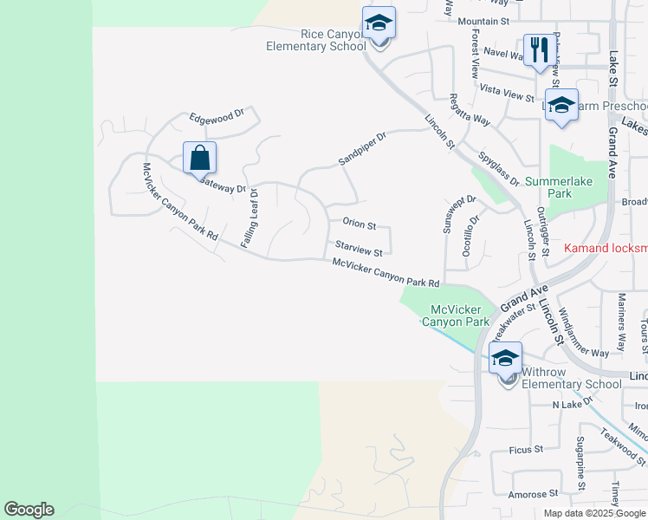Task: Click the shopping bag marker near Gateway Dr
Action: pos(199,159)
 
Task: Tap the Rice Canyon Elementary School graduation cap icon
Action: pos(379,23)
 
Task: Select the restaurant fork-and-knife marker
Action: pos(538,50)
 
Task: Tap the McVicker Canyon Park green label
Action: pos(456,315)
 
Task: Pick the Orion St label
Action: pos(359,225)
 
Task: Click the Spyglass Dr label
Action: pos(498,169)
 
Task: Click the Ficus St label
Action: pos(526,449)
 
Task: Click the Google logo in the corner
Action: pos(29,510)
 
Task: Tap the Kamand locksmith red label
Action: pos(606,248)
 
